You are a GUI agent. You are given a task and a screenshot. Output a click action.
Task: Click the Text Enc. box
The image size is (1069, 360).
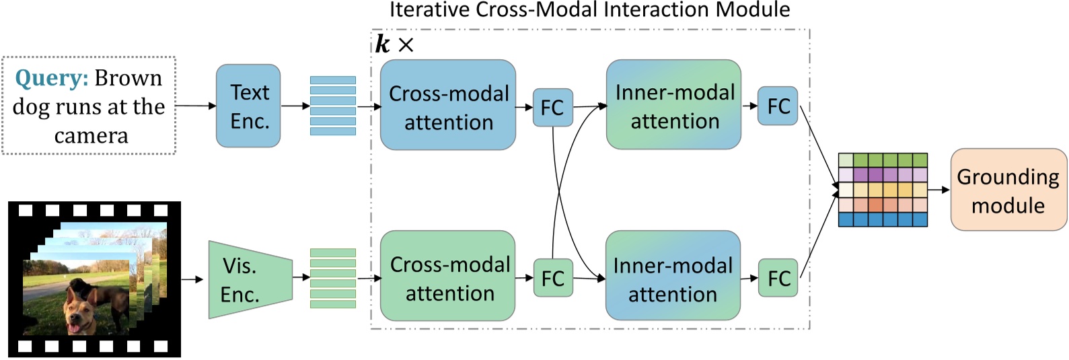click(x=248, y=106)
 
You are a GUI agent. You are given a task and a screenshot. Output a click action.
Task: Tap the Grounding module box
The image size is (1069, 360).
click(x=1008, y=190)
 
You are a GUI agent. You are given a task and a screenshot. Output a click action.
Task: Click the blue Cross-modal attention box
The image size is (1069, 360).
click(x=448, y=106)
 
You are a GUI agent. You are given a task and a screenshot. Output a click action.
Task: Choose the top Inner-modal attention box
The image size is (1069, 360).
click(x=673, y=105)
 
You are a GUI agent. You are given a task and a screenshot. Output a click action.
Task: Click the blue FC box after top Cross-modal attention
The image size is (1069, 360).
click(x=552, y=107)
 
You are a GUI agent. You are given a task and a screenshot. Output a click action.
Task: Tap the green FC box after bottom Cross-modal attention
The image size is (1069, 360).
click(x=552, y=278)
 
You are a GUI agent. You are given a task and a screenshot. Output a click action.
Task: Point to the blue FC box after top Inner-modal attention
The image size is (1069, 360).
click(x=778, y=106)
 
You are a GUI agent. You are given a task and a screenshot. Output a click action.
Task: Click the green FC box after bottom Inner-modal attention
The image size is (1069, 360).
click(x=778, y=278)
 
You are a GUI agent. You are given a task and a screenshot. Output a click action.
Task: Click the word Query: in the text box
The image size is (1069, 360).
click(x=51, y=78)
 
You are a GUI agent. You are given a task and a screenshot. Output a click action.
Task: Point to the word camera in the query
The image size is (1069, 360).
click(x=91, y=136)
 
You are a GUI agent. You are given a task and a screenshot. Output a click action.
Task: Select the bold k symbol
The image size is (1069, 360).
click(x=382, y=44)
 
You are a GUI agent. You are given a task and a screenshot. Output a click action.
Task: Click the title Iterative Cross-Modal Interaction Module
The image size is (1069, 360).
click(x=589, y=9)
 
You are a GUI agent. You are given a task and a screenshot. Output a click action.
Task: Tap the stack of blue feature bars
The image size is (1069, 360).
click(x=332, y=106)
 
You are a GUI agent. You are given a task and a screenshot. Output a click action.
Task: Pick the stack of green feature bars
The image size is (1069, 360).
click(x=332, y=278)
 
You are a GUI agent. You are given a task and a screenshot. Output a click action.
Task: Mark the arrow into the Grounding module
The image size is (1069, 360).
click(x=938, y=190)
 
